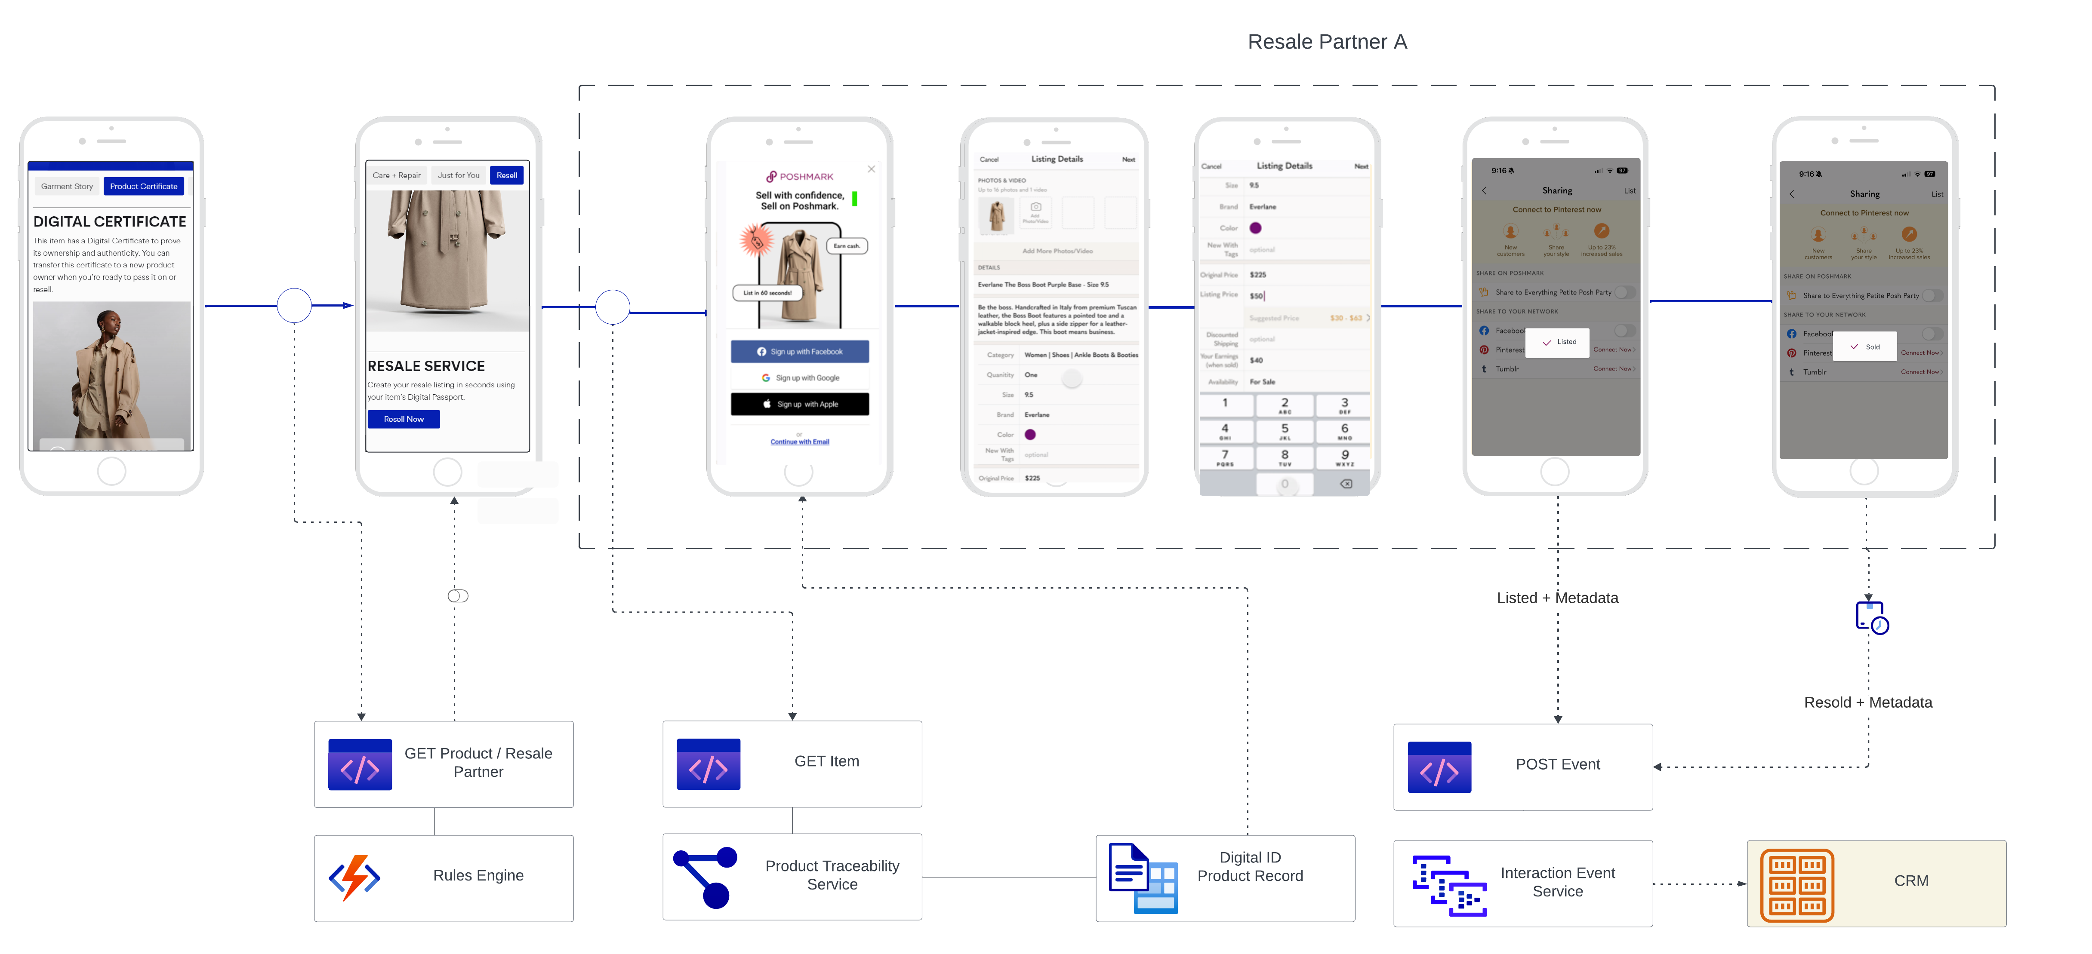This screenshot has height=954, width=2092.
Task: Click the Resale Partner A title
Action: pyautogui.click(x=1327, y=42)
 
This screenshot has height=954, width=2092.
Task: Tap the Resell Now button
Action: pyautogui.click(x=404, y=419)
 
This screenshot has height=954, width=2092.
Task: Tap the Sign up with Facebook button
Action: pyautogui.click(x=799, y=352)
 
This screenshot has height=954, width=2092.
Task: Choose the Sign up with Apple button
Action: pyautogui.click(x=799, y=404)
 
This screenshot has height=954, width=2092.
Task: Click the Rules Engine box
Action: pyautogui.click(x=444, y=877)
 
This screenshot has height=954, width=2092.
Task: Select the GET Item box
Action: pyautogui.click(x=792, y=763)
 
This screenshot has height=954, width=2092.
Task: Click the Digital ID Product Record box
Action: pyautogui.click(x=1225, y=877)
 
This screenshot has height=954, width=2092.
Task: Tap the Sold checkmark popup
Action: pyautogui.click(x=1865, y=347)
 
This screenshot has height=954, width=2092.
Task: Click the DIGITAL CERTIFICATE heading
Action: pyautogui.click(x=110, y=222)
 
